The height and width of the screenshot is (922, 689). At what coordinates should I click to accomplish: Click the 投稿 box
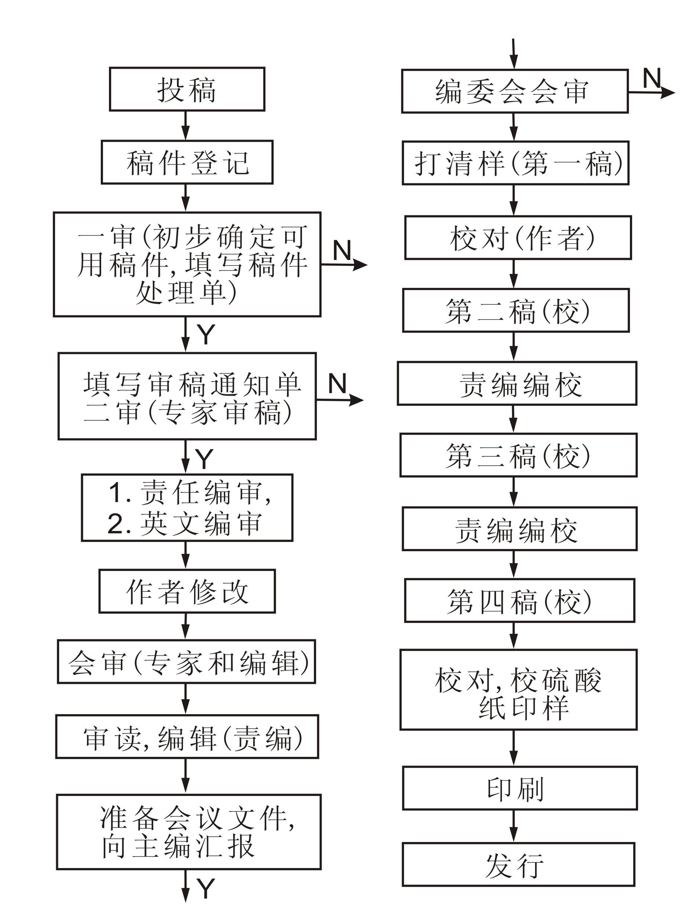(187, 89)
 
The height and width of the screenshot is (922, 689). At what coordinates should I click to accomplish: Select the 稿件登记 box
(187, 162)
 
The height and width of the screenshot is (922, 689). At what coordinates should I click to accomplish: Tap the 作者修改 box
(187, 591)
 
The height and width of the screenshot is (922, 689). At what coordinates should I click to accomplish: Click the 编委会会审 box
(514, 91)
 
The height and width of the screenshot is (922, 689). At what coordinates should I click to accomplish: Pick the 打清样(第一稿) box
(515, 163)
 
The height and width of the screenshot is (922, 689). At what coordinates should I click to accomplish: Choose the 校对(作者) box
(518, 238)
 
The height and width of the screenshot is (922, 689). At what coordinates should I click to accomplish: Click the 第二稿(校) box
(516, 311)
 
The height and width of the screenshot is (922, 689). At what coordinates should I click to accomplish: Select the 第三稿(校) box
(518, 455)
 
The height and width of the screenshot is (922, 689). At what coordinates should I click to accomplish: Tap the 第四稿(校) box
(519, 601)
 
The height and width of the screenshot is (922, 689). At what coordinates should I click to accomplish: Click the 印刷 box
(519, 788)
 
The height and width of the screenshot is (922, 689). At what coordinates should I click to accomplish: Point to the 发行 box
(518, 864)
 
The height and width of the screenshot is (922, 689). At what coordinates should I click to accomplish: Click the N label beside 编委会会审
(652, 78)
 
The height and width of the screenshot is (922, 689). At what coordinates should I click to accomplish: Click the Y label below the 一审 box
(206, 334)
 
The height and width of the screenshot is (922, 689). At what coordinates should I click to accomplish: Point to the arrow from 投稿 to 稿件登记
(186, 125)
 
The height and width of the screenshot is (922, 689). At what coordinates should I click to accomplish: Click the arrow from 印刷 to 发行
(513, 826)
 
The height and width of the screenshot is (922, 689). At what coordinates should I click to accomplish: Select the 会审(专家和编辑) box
(186, 662)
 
